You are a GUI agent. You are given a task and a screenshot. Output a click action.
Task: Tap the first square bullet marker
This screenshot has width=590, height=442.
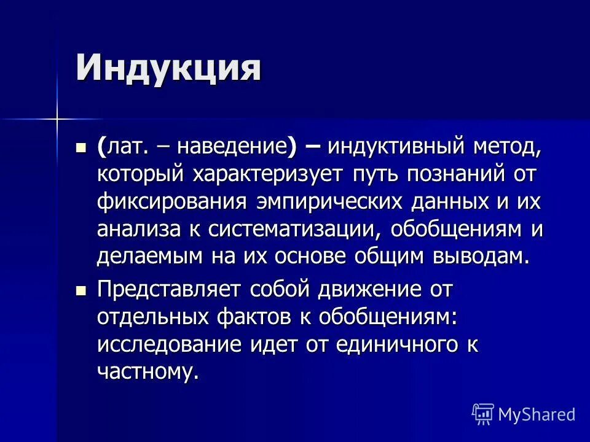(x=81, y=147)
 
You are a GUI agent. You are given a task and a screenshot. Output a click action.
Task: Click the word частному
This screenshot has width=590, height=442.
(x=147, y=372)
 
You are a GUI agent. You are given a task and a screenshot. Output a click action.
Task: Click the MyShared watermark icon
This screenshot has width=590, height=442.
(x=483, y=414)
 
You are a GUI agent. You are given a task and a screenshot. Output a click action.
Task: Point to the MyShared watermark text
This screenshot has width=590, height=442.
(x=537, y=414)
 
